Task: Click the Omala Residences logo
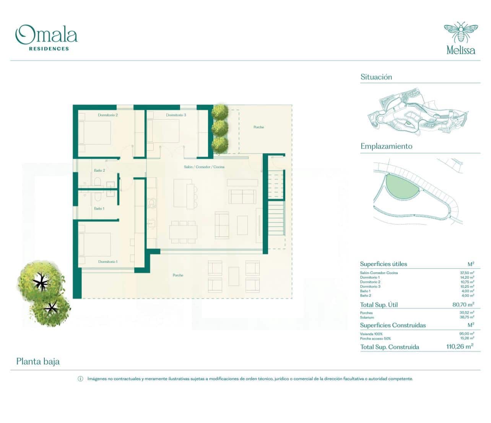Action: tap(46, 37)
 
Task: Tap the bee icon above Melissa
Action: tap(460, 32)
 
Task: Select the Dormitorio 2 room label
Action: tap(108, 115)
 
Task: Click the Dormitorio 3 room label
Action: tap(176, 115)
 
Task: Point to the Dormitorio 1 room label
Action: tap(108, 262)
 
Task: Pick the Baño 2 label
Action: tap(99, 170)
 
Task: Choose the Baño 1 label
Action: tap(99, 209)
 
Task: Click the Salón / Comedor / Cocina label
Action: tap(204, 167)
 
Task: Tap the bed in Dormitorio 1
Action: tap(95, 245)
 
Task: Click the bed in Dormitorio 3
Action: tap(163, 131)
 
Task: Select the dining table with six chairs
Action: tap(184, 232)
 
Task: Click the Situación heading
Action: tap(376, 77)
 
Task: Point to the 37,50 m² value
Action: tap(467, 273)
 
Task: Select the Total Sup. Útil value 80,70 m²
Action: tap(463, 305)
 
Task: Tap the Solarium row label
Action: tap(367, 318)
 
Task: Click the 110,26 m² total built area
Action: tap(460, 347)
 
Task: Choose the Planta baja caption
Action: tap(38, 361)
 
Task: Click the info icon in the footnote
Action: tap(80, 379)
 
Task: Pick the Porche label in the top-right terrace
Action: tap(259, 127)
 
